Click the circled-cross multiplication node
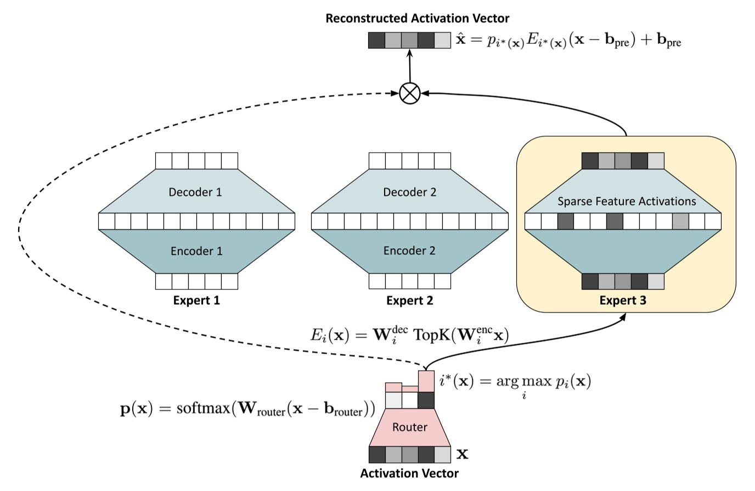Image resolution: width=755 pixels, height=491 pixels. coord(409,93)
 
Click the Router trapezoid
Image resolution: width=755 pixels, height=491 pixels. coord(409,427)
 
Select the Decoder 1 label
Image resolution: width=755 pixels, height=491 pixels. coord(195,192)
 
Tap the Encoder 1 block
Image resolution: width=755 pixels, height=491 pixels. coord(196,251)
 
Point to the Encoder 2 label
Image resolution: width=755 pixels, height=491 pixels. coord(409,251)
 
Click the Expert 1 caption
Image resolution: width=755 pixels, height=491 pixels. coord(196,300)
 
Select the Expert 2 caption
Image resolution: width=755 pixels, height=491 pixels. coord(409,300)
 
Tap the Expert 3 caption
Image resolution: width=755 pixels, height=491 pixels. coord(623,300)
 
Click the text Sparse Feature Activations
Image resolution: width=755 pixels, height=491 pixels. coord(627,202)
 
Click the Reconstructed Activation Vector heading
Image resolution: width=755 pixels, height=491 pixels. coord(417,18)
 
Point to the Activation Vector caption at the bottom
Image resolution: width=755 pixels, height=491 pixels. coord(409,473)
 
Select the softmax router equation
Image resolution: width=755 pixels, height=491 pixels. coord(247,410)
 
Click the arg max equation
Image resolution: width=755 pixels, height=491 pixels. coord(515,382)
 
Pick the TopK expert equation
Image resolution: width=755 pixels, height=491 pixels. coord(409,334)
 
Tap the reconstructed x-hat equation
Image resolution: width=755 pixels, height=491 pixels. coord(568,41)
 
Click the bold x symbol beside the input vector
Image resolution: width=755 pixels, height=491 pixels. coord(463,454)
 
